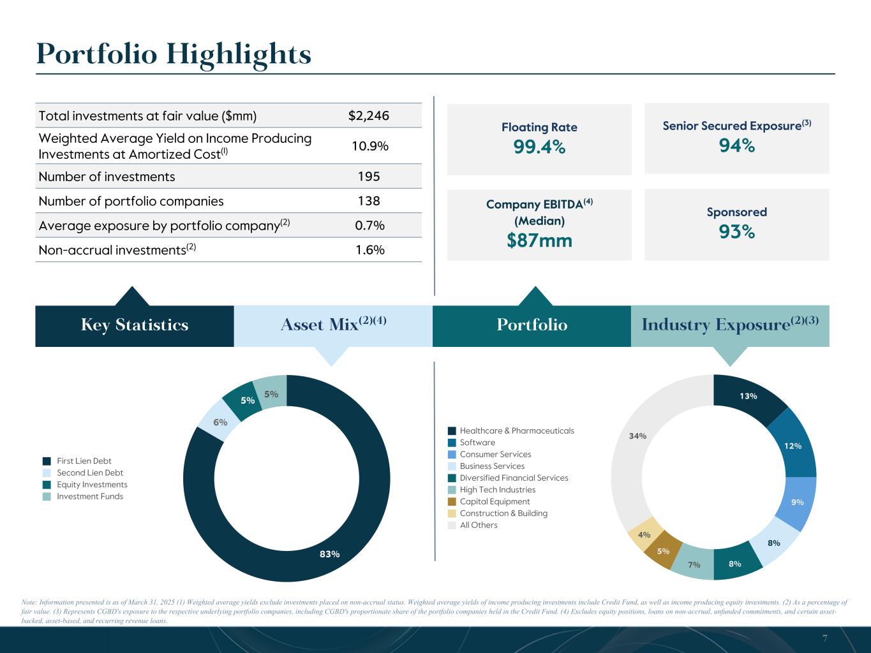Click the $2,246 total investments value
(x=369, y=116)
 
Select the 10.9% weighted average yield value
(x=370, y=146)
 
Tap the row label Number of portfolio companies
(x=131, y=202)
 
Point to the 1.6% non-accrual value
(x=369, y=250)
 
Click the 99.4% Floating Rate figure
(x=539, y=147)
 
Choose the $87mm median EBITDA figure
(x=539, y=240)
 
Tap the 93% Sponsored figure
(x=737, y=232)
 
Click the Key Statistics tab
(x=135, y=325)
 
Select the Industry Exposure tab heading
(x=730, y=325)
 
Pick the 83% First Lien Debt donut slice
(x=330, y=554)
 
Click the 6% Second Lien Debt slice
(x=220, y=422)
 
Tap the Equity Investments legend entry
(x=92, y=485)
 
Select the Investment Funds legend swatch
(x=47, y=497)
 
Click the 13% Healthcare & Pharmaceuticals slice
(x=748, y=396)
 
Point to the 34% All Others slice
(x=637, y=436)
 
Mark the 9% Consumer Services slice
(x=797, y=502)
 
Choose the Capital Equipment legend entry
(x=495, y=502)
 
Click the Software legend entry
(x=477, y=443)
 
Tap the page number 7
(x=825, y=638)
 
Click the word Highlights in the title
(x=239, y=54)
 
